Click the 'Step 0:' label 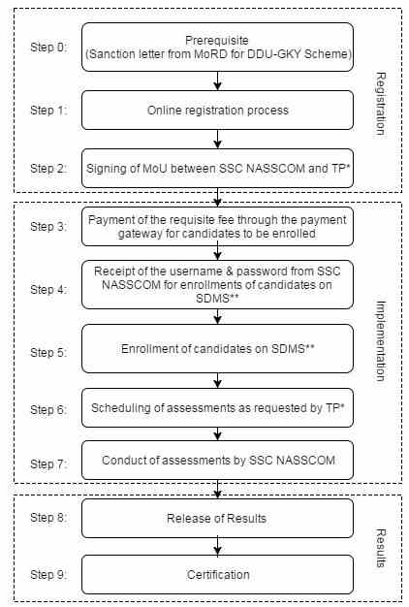pos(48,47)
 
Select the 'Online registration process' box pos(217,110)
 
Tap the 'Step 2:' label pos(48,169)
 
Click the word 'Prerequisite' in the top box pos(217,41)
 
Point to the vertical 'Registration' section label pos(381,104)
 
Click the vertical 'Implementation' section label pos(381,340)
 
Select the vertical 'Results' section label pos(381,548)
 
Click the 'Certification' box pos(217,574)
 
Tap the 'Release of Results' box pos(217,518)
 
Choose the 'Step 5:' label pos(48,352)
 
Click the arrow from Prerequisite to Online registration pos(217,80)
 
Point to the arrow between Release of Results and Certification pos(217,546)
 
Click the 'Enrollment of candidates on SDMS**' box pos(217,349)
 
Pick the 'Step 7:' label pos(48,463)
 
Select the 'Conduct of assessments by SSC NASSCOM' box pos(217,461)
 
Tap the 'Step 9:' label pos(48,574)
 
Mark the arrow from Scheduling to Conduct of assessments pos(217,434)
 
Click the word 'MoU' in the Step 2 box pos(155,169)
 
